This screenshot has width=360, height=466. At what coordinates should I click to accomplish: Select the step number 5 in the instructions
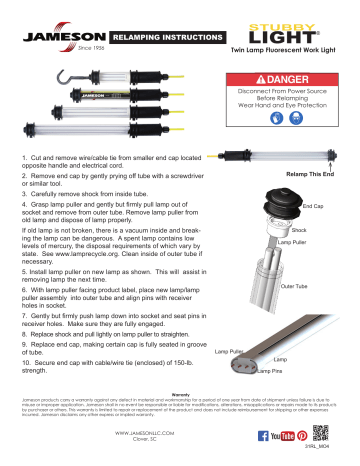[23, 269]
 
